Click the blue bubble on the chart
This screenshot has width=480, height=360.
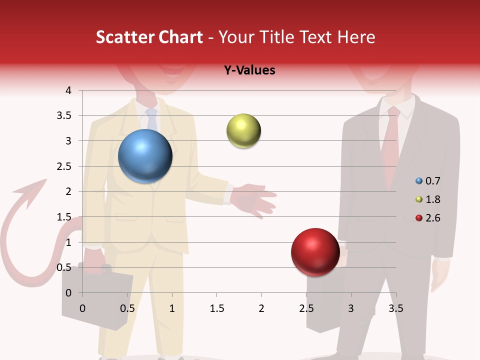145,156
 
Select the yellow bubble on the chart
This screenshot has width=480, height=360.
243,131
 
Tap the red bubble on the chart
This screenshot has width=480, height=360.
315,252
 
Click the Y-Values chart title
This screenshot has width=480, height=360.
249,70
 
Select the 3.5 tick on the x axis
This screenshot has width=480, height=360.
396,308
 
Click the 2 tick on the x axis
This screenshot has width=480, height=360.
261,308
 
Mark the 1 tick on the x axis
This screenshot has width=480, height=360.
172,308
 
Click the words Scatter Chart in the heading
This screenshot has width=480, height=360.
149,37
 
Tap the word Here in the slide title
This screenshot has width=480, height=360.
356,37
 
